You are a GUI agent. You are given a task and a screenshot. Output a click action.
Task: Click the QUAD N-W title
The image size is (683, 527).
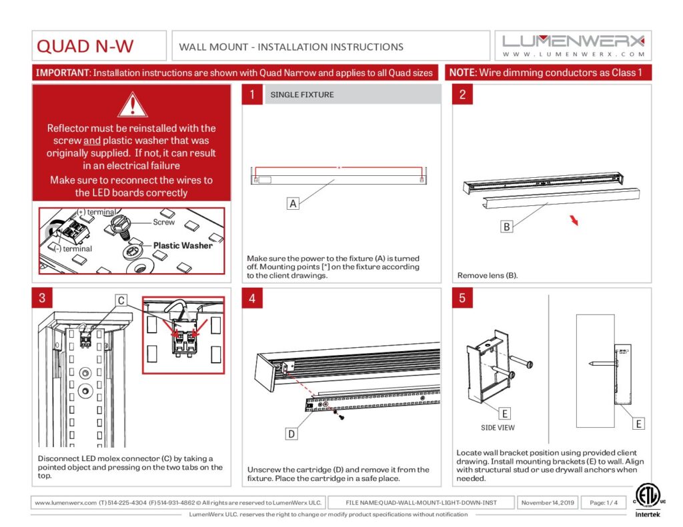(x=85, y=47)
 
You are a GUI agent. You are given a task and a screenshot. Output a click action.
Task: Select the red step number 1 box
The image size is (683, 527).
(x=251, y=95)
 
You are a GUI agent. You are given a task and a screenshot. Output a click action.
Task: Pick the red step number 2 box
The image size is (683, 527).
(x=462, y=95)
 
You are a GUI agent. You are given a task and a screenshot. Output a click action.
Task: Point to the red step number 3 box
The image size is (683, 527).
(x=42, y=298)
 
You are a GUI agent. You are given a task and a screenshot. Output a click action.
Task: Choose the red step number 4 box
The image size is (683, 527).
(x=251, y=298)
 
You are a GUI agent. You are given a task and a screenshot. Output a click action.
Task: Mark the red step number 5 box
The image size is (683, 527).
(x=462, y=298)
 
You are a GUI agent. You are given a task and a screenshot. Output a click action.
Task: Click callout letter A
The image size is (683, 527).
(x=292, y=204)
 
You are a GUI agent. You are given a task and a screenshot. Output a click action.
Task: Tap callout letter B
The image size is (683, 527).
(x=507, y=227)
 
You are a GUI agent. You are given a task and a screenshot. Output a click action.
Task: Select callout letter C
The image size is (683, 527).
(x=121, y=301)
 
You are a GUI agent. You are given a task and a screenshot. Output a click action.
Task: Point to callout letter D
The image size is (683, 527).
(x=291, y=434)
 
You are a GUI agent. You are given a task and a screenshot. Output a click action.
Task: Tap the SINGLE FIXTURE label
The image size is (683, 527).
(x=302, y=95)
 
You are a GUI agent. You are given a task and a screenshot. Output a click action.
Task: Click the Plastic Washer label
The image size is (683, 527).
(x=183, y=245)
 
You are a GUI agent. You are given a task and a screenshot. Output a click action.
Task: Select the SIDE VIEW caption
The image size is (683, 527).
(x=498, y=428)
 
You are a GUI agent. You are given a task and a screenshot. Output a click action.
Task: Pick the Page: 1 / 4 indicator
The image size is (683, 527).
(x=604, y=502)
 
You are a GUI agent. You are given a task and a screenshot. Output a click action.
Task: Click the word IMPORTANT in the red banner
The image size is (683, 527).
(x=63, y=73)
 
